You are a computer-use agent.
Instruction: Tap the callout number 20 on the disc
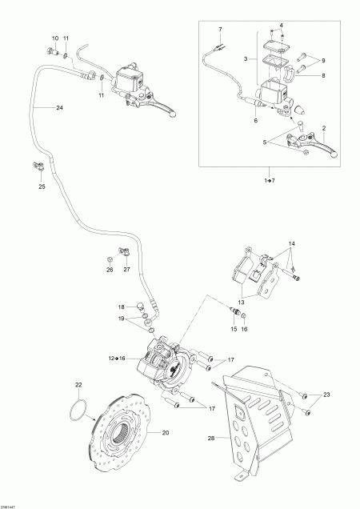pos(166,433)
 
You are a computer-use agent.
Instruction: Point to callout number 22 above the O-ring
pos(78,386)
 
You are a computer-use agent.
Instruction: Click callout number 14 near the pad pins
pos(292,242)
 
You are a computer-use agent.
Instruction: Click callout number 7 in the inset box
pos(220,29)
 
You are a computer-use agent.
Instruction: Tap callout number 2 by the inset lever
pos(323,126)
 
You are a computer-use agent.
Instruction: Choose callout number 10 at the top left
pos(55,38)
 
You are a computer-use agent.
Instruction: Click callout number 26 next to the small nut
pos(110,269)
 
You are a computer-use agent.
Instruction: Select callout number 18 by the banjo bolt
pos(122,307)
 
